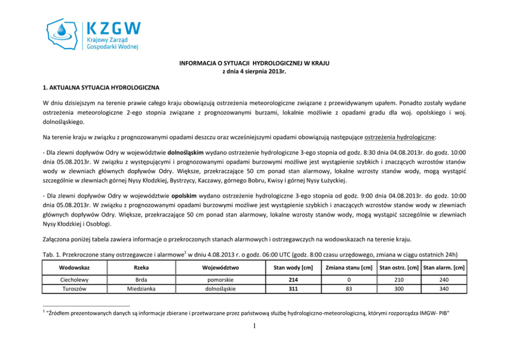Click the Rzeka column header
point(141,267)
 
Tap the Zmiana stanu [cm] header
point(348,267)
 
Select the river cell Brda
point(141,281)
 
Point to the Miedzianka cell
point(141,289)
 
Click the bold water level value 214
point(293,281)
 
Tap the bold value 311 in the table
point(293,289)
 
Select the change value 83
point(348,289)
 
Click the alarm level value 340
point(444,289)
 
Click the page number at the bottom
point(254,331)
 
